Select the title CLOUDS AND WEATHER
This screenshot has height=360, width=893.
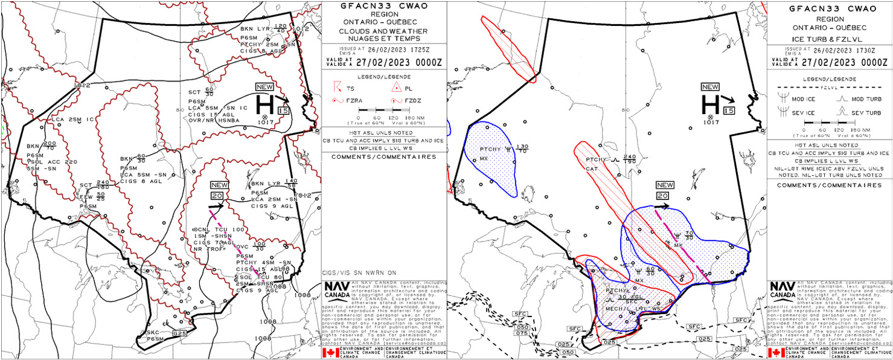(383, 31)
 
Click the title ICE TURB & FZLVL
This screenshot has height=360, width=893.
(828, 40)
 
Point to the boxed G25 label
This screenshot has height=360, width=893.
(178, 333)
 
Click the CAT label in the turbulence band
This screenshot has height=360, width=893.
(592, 169)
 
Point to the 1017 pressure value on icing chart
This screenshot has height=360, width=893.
(711, 123)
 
